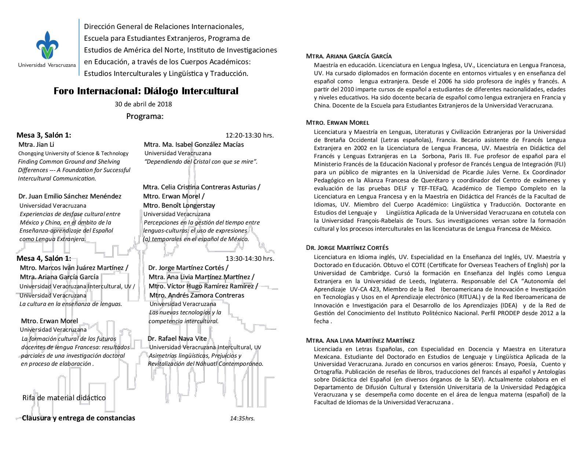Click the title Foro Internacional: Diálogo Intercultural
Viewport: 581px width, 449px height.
[x=146, y=91]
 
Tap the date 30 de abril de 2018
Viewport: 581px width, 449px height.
[x=143, y=104]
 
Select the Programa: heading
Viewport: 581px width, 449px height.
[x=145, y=116]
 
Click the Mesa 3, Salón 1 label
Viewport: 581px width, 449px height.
[x=44, y=135]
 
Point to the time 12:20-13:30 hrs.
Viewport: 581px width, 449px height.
[x=249, y=135]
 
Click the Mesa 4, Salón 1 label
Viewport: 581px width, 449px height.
[x=44, y=258]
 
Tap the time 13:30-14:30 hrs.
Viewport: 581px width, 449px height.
[x=249, y=258]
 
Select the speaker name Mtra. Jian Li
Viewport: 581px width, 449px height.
[x=36, y=145]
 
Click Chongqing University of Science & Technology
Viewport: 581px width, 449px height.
[x=73, y=153]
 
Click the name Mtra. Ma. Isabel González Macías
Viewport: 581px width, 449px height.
[x=194, y=145]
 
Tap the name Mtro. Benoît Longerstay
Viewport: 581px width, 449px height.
[x=179, y=205]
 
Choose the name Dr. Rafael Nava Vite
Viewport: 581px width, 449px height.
[x=177, y=339]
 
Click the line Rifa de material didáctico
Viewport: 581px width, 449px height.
[x=64, y=398]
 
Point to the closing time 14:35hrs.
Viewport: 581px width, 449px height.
[x=242, y=418]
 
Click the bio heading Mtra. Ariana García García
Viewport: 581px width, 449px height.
[x=349, y=56]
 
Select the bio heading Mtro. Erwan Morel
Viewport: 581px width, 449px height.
[x=337, y=123]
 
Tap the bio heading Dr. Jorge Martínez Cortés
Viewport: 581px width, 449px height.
[x=347, y=248]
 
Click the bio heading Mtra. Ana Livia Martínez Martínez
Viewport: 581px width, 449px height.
[x=360, y=340]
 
